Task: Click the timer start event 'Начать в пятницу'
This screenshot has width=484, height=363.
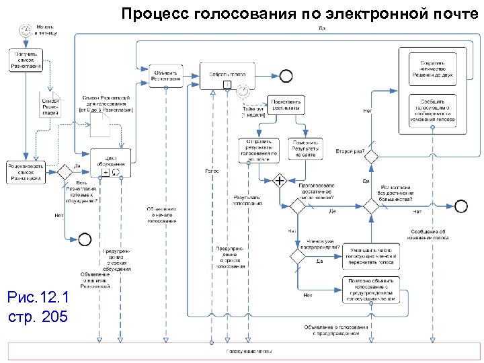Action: pos(26,30)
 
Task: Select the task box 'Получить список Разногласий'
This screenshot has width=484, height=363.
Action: pos(26,58)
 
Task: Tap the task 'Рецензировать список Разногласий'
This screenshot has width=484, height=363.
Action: pos(25,171)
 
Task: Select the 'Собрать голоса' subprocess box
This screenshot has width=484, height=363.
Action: pos(226,75)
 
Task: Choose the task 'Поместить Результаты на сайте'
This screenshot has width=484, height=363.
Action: pos(305,149)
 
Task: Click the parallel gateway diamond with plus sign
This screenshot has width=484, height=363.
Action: pos(278,180)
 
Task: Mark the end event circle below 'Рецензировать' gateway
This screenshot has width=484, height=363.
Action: pos(85,238)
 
